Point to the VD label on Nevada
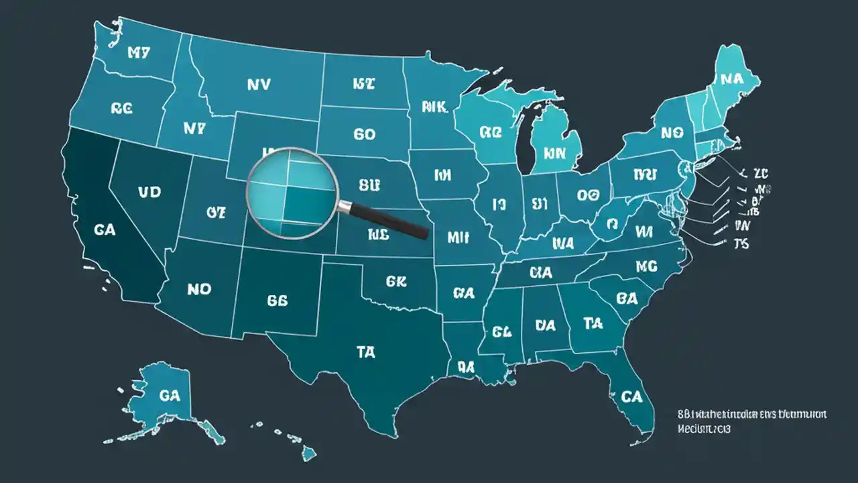[x=149, y=192]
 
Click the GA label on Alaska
[x=170, y=396]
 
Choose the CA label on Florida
[x=631, y=396]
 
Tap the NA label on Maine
[x=732, y=78]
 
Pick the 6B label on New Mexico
[x=277, y=301]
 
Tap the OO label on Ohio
[x=587, y=195]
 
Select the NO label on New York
[x=671, y=133]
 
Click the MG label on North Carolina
[x=646, y=266]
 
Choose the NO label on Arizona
[x=199, y=289]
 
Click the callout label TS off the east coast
[x=741, y=243]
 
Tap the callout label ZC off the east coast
[x=759, y=174]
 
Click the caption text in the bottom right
[x=751, y=421]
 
